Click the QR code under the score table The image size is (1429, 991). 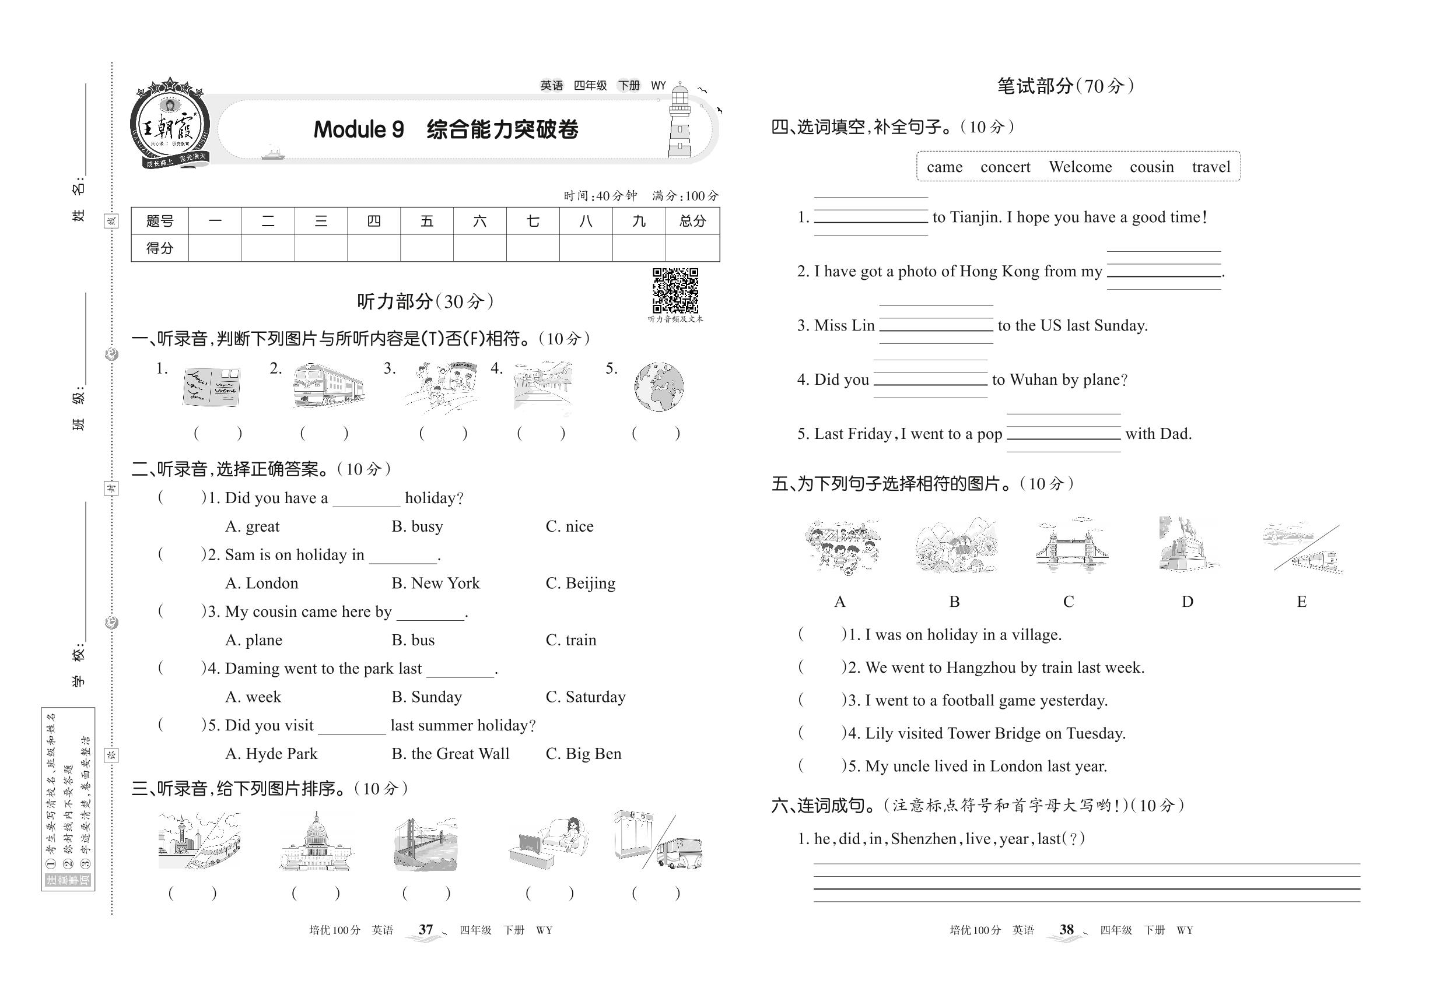coord(675,290)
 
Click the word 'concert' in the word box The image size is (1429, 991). coord(1004,167)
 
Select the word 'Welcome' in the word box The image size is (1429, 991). coord(1080,167)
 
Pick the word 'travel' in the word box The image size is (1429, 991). coord(1210,167)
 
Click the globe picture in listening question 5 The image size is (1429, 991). coord(659,386)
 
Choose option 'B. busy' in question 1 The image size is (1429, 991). coord(417,526)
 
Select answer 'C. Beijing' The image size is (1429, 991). coord(580,583)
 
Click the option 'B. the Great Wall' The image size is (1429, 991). coord(450,754)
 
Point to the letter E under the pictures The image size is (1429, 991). coord(1301,602)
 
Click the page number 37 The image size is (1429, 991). coord(426,930)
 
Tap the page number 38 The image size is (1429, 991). coord(1066,930)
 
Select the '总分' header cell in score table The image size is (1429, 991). coord(692,221)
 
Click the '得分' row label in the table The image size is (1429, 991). coord(159,248)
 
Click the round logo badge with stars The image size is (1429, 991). coord(169,124)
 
